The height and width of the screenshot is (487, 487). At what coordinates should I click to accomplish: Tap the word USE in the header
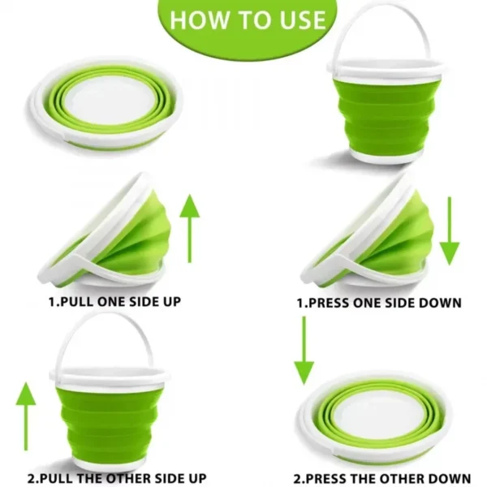pos(298,20)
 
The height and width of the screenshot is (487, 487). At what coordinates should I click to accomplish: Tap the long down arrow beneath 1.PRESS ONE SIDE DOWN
pos(304,350)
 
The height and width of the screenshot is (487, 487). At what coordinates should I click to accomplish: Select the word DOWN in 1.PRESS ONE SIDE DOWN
pos(442,303)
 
